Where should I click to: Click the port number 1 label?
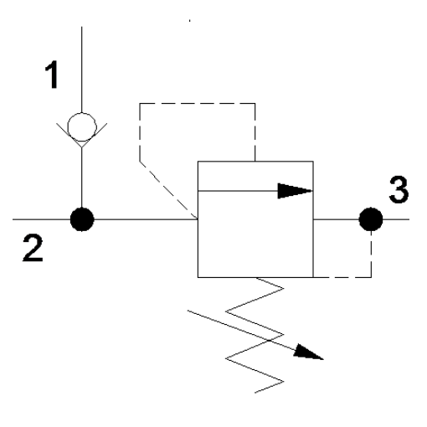pos(52,75)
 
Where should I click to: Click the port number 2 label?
pos(33,248)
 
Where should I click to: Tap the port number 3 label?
pos(399,189)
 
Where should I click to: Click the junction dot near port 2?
pos(82,219)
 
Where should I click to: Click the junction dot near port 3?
pos(371,219)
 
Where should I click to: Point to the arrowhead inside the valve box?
pos(295,191)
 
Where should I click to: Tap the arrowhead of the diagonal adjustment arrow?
pos(308,353)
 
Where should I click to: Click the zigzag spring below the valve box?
pos(255,335)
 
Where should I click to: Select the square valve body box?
pos(198,219)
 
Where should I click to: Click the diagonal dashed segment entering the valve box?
pos(168,190)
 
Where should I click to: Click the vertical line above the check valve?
pos(82,69)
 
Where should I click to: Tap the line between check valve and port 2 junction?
pos(82,177)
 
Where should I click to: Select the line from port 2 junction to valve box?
pos(146,219)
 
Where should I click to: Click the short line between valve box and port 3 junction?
pos(336,219)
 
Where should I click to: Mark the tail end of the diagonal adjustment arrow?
pos(188,311)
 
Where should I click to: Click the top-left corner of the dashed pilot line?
pos(140,104)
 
